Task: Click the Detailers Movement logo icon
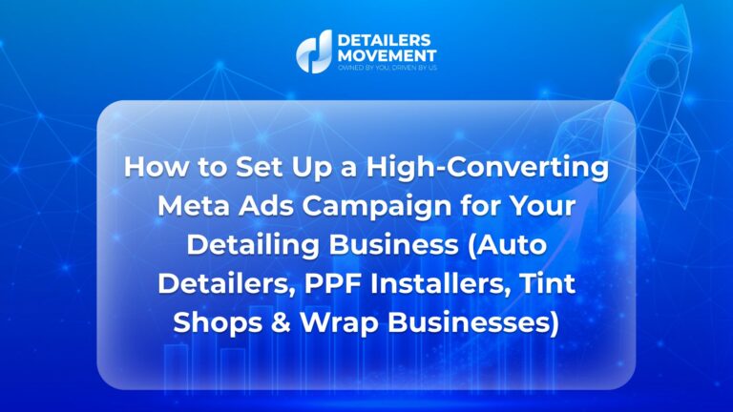314,51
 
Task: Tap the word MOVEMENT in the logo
387,56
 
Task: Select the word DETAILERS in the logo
377,40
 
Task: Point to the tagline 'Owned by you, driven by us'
387,69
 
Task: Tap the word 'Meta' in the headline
194,206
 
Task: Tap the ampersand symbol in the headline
281,322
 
